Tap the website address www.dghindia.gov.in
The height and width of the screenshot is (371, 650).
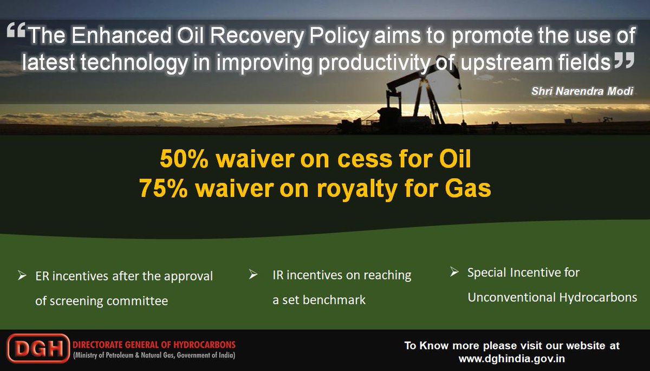(512, 359)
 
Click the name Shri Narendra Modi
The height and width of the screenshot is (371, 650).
(582, 91)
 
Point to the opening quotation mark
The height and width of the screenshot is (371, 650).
(17, 33)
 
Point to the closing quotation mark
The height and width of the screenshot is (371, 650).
(624, 61)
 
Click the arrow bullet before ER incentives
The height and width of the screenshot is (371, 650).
(22, 276)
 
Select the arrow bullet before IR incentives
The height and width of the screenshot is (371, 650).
(253, 275)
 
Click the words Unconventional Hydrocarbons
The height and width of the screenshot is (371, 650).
(551, 297)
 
